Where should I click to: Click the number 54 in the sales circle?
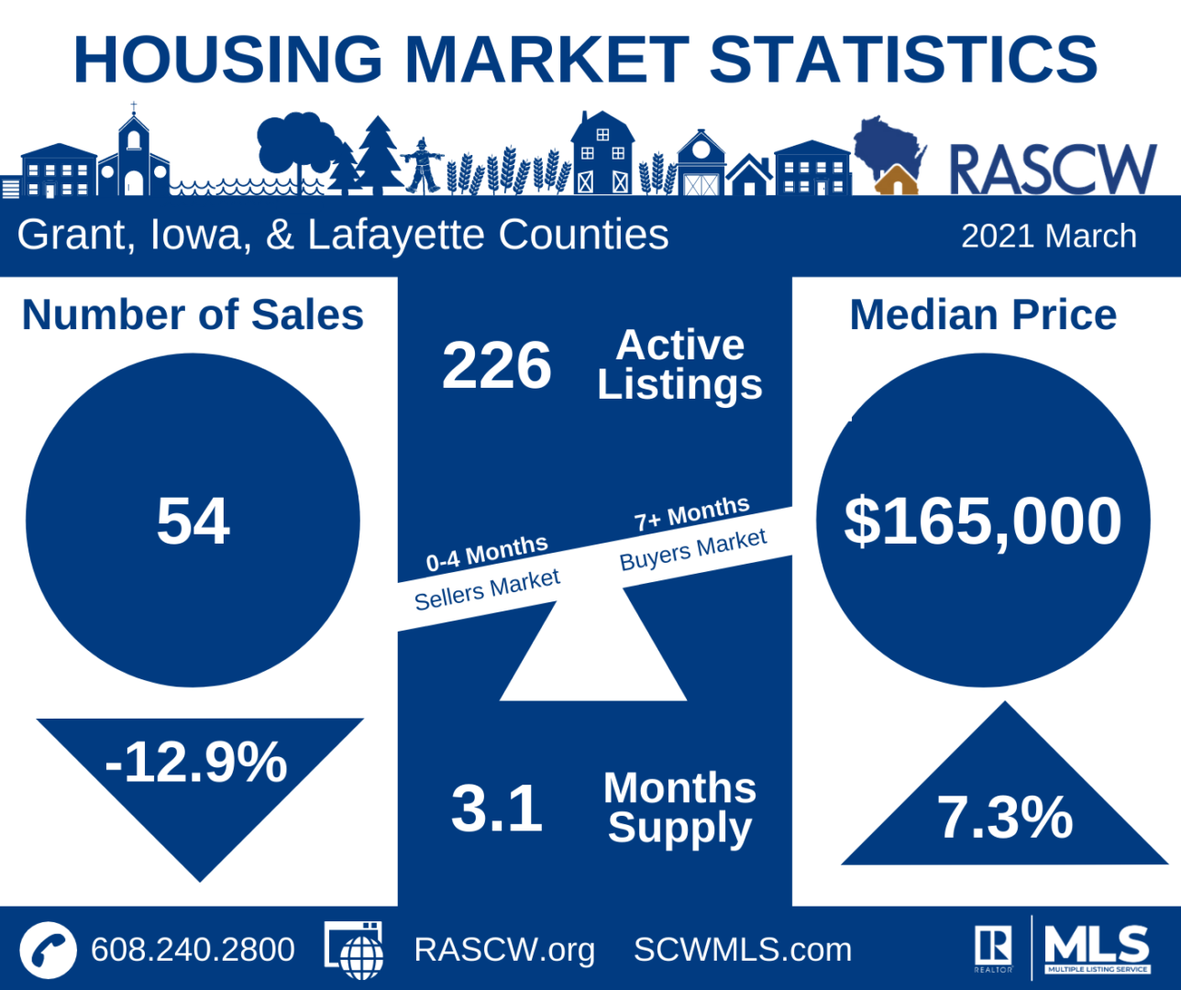(193, 522)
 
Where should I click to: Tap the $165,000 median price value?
(982, 522)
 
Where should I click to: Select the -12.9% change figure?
(196, 762)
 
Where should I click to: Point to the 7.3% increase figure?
(1004, 817)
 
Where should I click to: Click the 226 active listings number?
(496, 366)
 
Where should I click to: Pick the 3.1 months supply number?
(496, 808)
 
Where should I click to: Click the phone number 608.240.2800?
(193, 950)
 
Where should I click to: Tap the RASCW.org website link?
(504, 950)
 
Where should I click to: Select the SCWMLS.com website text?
(743, 950)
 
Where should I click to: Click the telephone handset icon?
(48, 950)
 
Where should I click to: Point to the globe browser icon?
(355, 950)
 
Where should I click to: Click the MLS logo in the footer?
(1097, 948)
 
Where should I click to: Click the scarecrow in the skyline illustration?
(423, 165)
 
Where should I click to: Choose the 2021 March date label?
(1048, 236)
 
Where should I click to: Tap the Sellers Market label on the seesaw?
(487, 590)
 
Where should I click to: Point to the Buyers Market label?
(693, 549)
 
